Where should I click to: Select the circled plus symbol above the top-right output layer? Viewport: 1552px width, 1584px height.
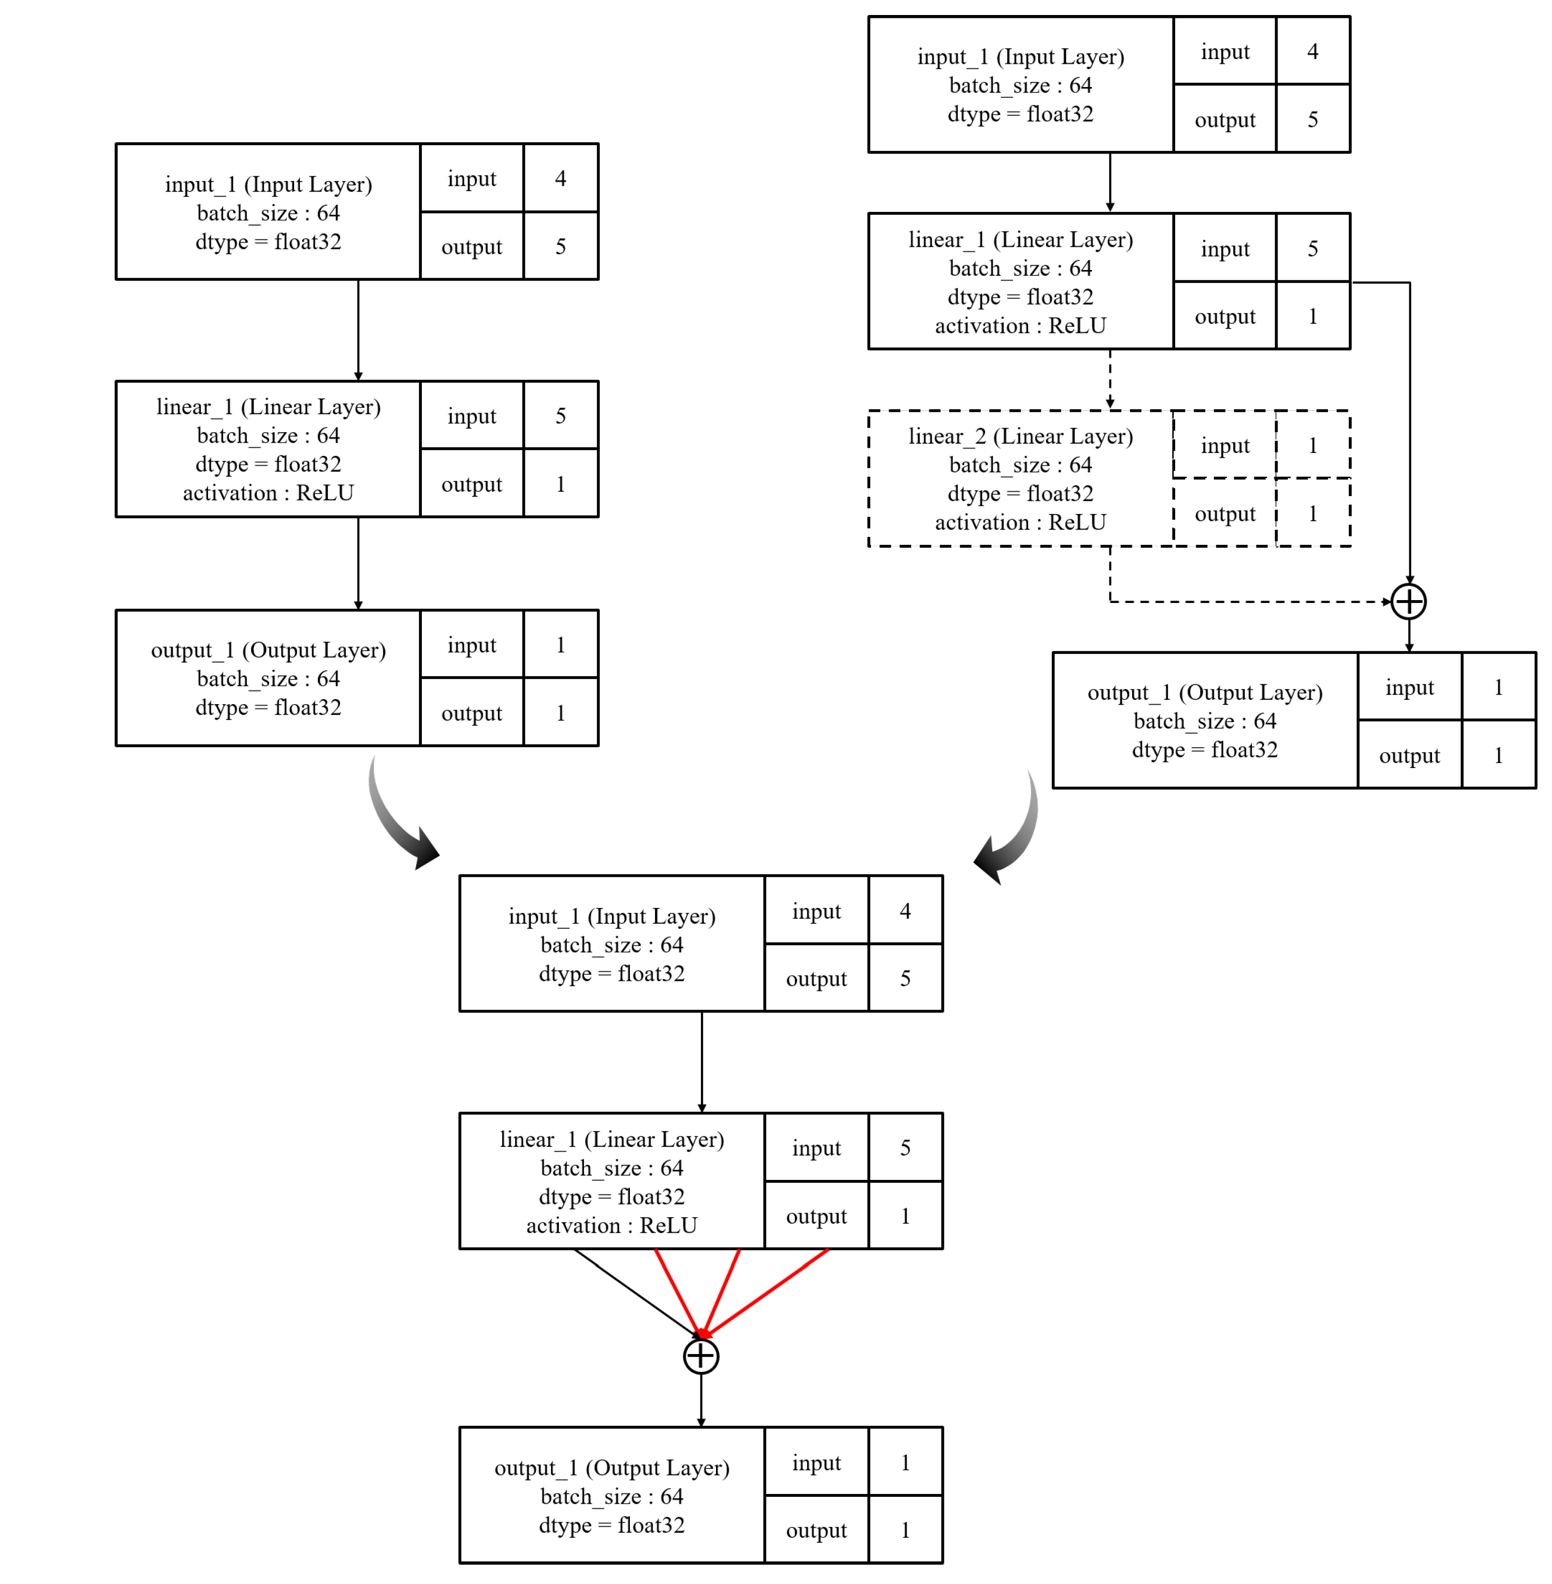pos(1408,603)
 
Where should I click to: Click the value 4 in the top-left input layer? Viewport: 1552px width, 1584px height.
pos(561,179)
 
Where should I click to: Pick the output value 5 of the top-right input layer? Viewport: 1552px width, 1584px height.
pos(1313,120)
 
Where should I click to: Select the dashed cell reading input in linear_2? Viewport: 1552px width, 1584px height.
pos(1224,446)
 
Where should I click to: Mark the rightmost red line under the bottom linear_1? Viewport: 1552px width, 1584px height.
pos(766,1292)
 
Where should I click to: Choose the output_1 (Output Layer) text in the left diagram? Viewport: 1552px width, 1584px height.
pos(268,650)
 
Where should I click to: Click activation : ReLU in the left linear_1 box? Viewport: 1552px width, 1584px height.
pos(268,493)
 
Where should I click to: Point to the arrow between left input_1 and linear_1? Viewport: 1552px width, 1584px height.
pos(358,330)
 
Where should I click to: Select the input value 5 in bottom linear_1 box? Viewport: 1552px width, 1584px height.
pos(905,1148)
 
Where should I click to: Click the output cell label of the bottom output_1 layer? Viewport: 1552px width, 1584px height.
pos(816,1530)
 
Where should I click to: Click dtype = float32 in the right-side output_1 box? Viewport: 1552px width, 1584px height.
pos(1205,750)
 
